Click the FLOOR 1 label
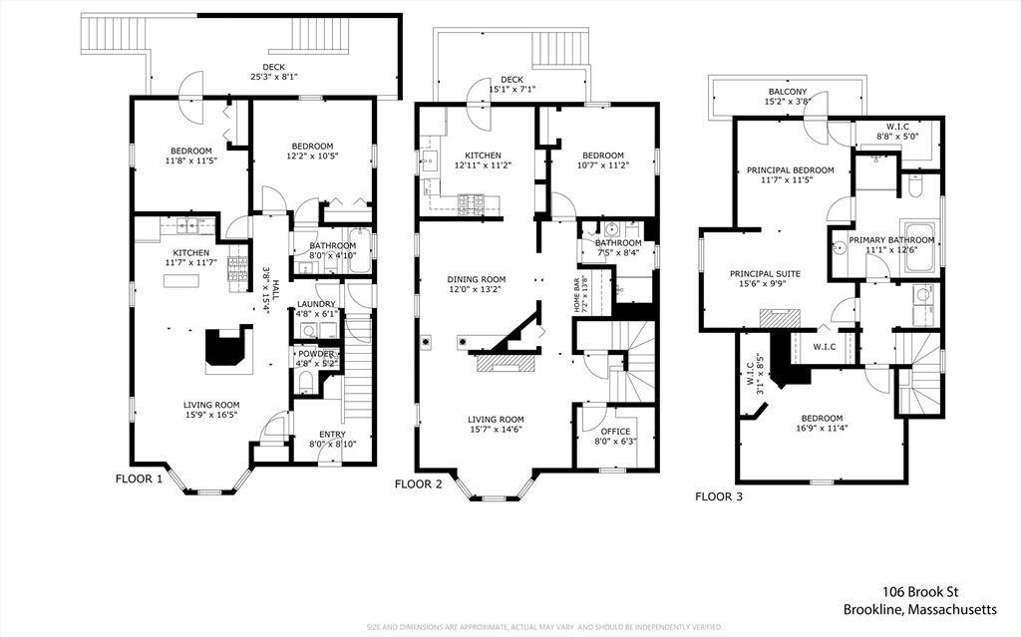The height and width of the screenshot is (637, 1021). [139, 478]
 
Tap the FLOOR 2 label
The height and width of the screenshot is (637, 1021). [419, 484]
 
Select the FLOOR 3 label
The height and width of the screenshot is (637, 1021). [718, 495]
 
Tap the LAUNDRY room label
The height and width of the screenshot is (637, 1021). [317, 304]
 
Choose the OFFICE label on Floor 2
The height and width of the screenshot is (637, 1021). [613, 430]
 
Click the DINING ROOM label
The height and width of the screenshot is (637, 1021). [477, 279]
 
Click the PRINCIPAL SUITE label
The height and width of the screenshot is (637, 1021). [765, 273]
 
